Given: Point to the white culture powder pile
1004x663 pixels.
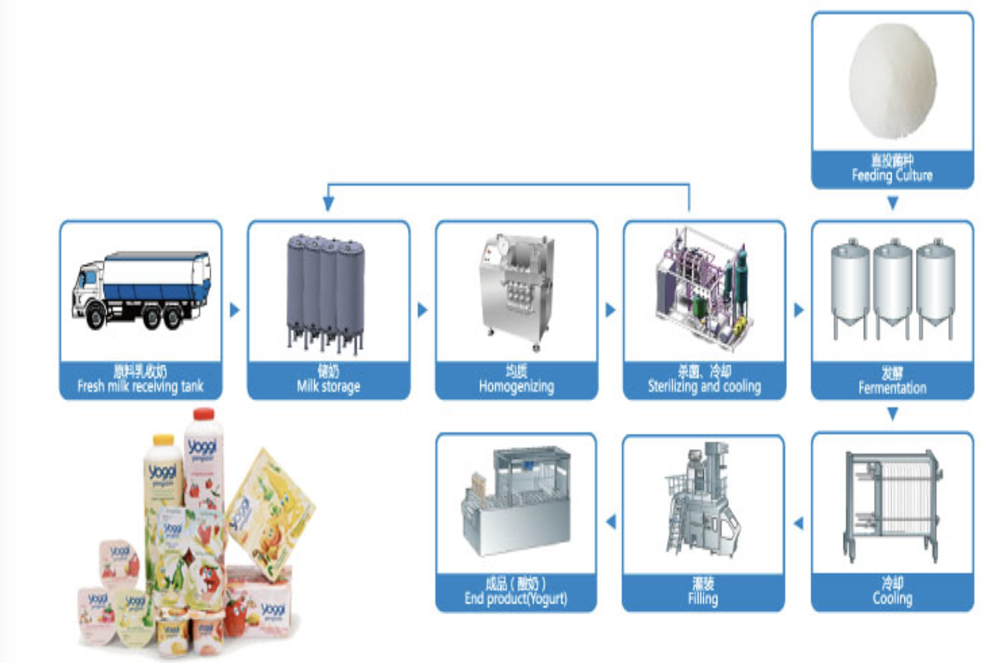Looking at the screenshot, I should [x=892, y=80].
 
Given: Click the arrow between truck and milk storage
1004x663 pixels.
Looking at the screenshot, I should [x=235, y=310].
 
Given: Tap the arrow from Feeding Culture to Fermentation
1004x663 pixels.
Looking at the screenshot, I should [x=892, y=204].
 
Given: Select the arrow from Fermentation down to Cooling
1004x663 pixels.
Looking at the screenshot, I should [x=892, y=415].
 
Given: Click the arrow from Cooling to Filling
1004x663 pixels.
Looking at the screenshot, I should [x=798, y=523].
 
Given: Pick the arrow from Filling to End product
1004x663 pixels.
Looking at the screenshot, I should [x=611, y=522].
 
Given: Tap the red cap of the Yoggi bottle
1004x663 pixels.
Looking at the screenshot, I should [x=204, y=414].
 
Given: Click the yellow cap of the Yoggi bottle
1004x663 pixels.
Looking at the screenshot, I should [x=163, y=440].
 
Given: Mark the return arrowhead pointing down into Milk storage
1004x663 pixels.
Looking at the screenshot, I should [x=328, y=204].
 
